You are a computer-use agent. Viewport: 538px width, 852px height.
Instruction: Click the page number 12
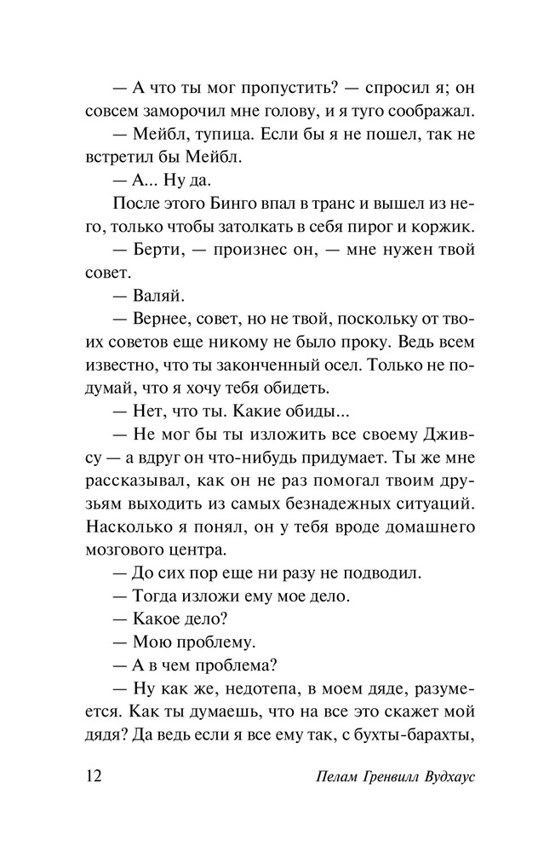94,778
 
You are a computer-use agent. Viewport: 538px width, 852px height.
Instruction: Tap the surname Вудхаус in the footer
432,779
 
